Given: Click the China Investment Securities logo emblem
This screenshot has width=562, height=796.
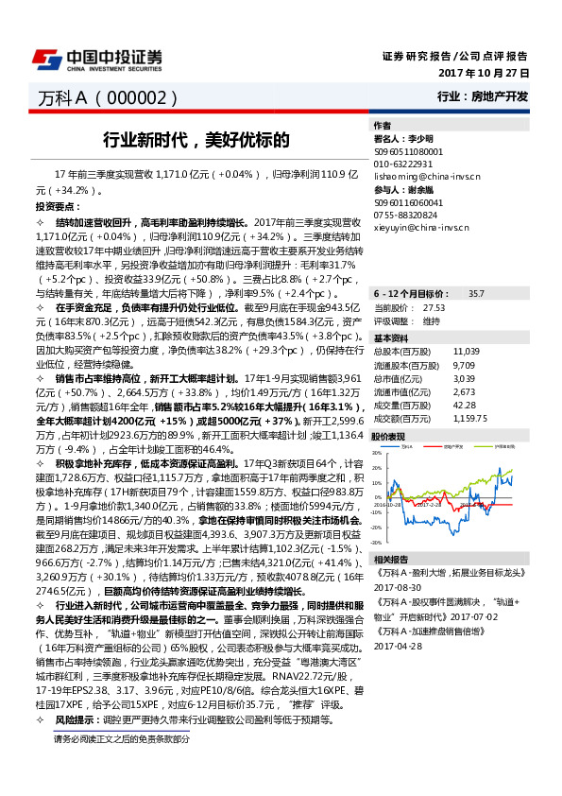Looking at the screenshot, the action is (45, 60).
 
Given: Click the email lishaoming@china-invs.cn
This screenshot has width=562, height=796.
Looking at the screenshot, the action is (426, 176).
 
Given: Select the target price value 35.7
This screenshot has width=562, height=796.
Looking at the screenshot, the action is (476, 295).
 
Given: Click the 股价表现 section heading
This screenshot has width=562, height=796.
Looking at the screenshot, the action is (388, 437).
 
